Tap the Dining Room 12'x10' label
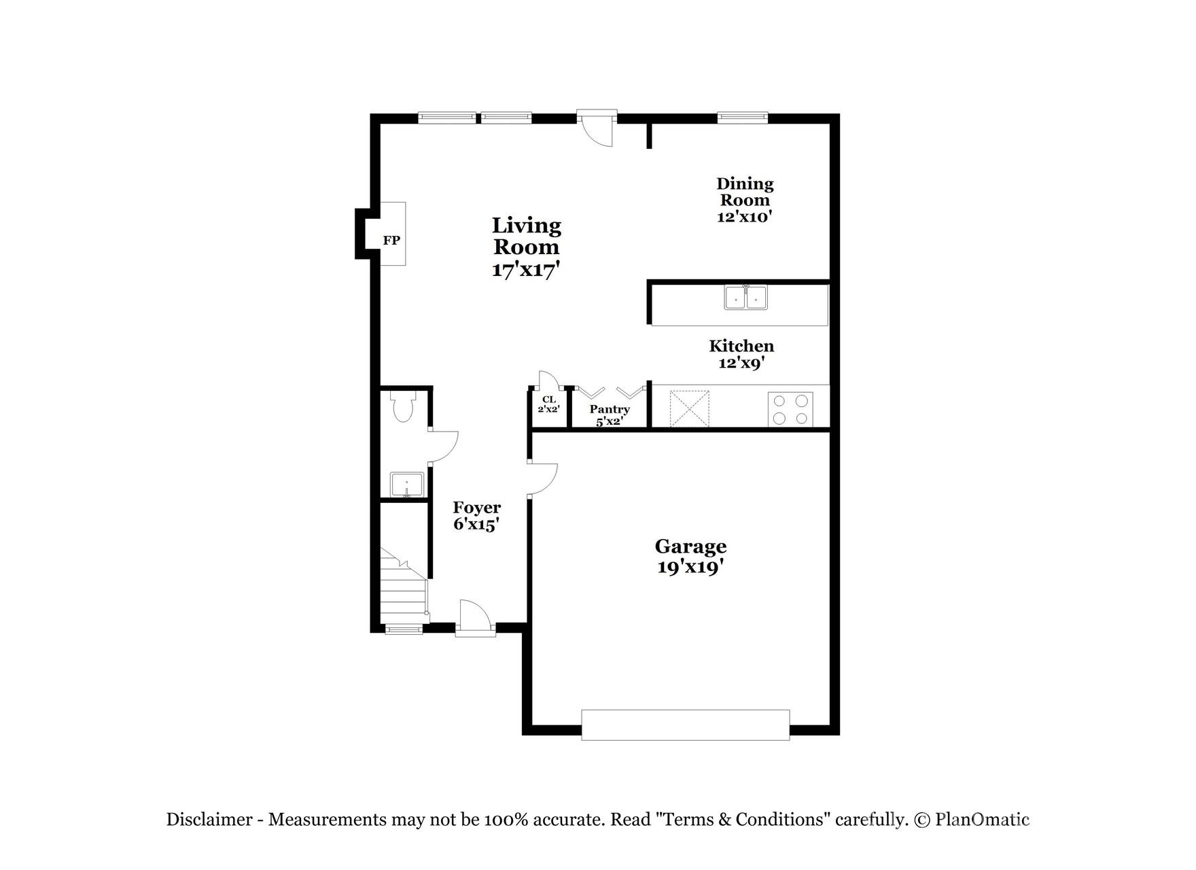(x=745, y=200)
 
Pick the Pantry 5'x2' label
(x=610, y=415)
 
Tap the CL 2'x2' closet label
(x=548, y=404)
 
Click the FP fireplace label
(x=391, y=240)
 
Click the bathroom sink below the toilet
(x=406, y=485)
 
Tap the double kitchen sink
(x=745, y=298)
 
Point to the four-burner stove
(x=790, y=409)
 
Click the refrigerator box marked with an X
(x=689, y=408)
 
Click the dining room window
(x=743, y=118)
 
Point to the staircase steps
(x=403, y=588)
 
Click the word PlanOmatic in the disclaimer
(x=982, y=820)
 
